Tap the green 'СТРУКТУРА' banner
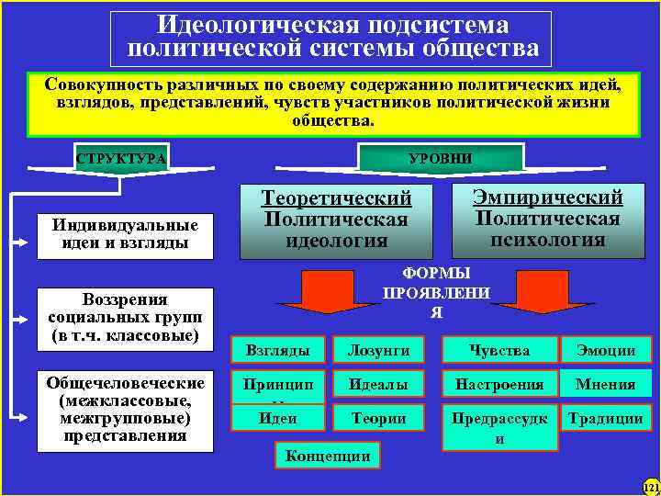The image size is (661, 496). (121, 159)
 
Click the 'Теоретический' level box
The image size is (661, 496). (336, 220)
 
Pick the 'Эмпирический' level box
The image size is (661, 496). (547, 220)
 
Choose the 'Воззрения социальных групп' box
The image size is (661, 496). (123, 318)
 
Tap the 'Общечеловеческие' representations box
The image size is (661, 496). (123, 410)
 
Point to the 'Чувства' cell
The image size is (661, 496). (499, 349)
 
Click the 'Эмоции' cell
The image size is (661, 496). (606, 349)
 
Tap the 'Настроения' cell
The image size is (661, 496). (499, 384)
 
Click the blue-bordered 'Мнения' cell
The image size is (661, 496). (606, 384)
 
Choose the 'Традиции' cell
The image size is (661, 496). (606, 418)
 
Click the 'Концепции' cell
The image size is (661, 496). (328, 455)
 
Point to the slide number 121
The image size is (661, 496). (651, 486)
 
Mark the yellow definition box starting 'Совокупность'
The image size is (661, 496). (331, 101)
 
